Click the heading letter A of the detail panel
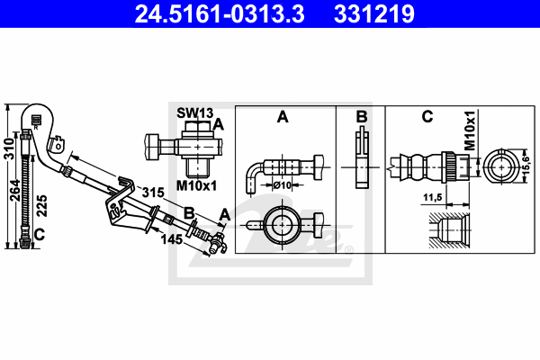[x=283, y=117]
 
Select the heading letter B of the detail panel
[x=361, y=117]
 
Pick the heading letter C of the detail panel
[x=427, y=117]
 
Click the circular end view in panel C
[x=498, y=166]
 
